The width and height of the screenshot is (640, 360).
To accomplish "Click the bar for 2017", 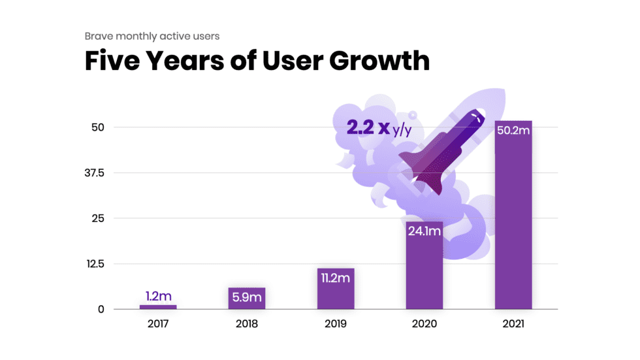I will point(158,306).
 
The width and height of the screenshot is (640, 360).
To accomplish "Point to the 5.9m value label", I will point(247,297).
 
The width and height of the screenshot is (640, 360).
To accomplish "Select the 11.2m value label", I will point(336,278).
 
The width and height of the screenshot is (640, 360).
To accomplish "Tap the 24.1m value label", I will point(424,231).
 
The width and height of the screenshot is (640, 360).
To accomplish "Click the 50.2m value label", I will point(513,131).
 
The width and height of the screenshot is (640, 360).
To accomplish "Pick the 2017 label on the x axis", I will point(158,323).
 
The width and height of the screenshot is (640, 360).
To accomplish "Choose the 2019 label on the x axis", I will point(336,323).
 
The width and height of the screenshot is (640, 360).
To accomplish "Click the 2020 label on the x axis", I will point(424,323).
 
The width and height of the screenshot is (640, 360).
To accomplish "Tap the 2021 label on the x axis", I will point(513,323).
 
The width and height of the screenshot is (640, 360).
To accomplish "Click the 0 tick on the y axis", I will point(101,310).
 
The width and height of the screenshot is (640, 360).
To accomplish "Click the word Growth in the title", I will point(379,61).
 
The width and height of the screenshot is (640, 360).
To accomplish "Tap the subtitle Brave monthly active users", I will point(152,37).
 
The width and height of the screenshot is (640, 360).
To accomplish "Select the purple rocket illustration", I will point(441,150).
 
